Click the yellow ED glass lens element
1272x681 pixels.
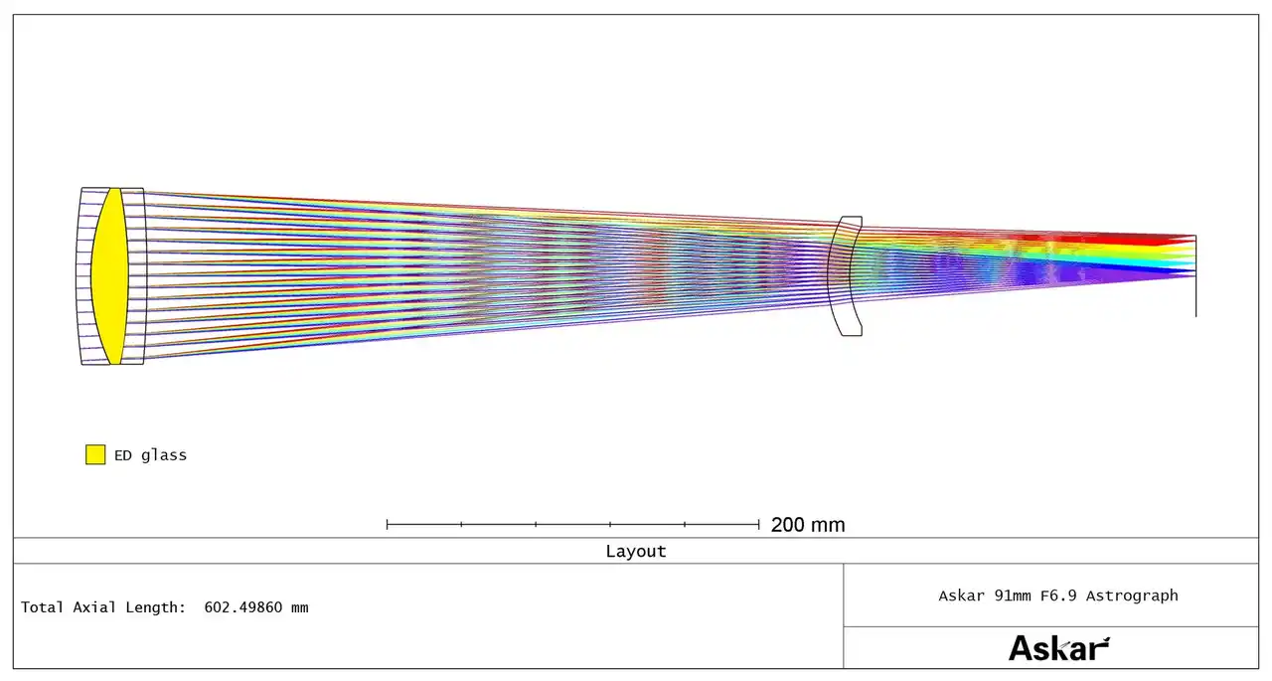(x=110, y=276)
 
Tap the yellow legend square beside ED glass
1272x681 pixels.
(x=95, y=455)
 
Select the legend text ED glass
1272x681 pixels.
(x=150, y=455)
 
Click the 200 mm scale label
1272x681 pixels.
(x=808, y=525)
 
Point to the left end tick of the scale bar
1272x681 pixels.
(x=387, y=524)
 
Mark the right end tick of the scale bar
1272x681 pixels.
(x=758, y=524)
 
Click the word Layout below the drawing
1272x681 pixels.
(x=636, y=552)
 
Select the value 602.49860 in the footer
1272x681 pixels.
(x=243, y=607)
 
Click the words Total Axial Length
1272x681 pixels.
(x=103, y=607)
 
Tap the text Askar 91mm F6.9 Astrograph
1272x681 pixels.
(x=1058, y=596)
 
